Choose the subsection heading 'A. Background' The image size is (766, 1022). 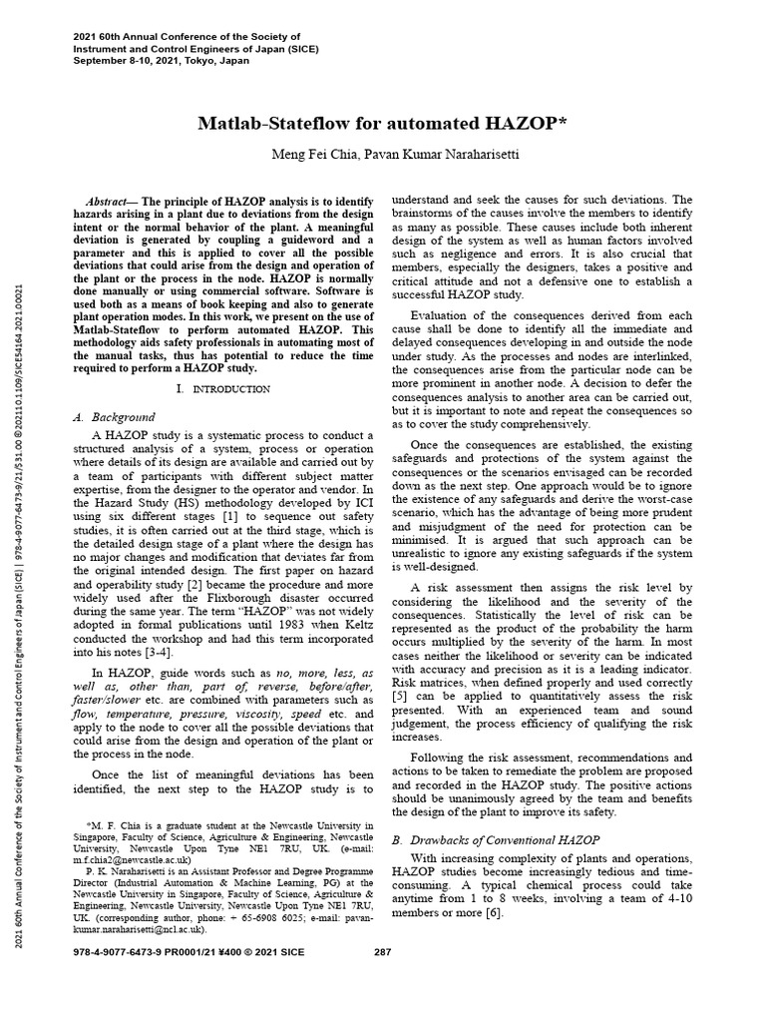(x=115, y=416)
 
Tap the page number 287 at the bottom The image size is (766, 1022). (x=382, y=978)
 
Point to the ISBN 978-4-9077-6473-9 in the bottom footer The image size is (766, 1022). (x=124, y=978)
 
